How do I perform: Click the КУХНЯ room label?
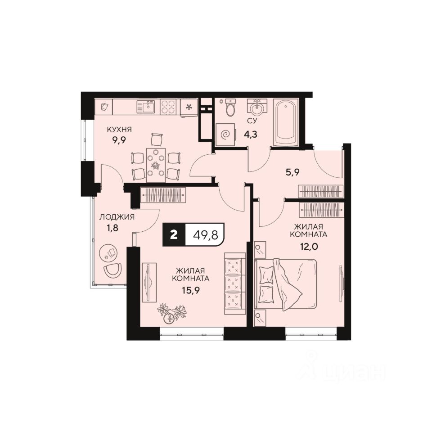tap(119, 130)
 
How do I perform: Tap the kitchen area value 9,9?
tap(119, 140)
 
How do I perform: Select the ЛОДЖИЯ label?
tap(117, 217)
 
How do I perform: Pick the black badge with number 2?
tap(174, 234)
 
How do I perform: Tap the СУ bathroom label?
tap(252, 121)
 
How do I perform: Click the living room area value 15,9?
tap(191, 290)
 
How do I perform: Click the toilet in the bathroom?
tap(230, 108)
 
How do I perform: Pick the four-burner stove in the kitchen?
tap(169, 107)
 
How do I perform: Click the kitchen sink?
tap(146, 107)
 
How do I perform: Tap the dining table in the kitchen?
tap(156, 162)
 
